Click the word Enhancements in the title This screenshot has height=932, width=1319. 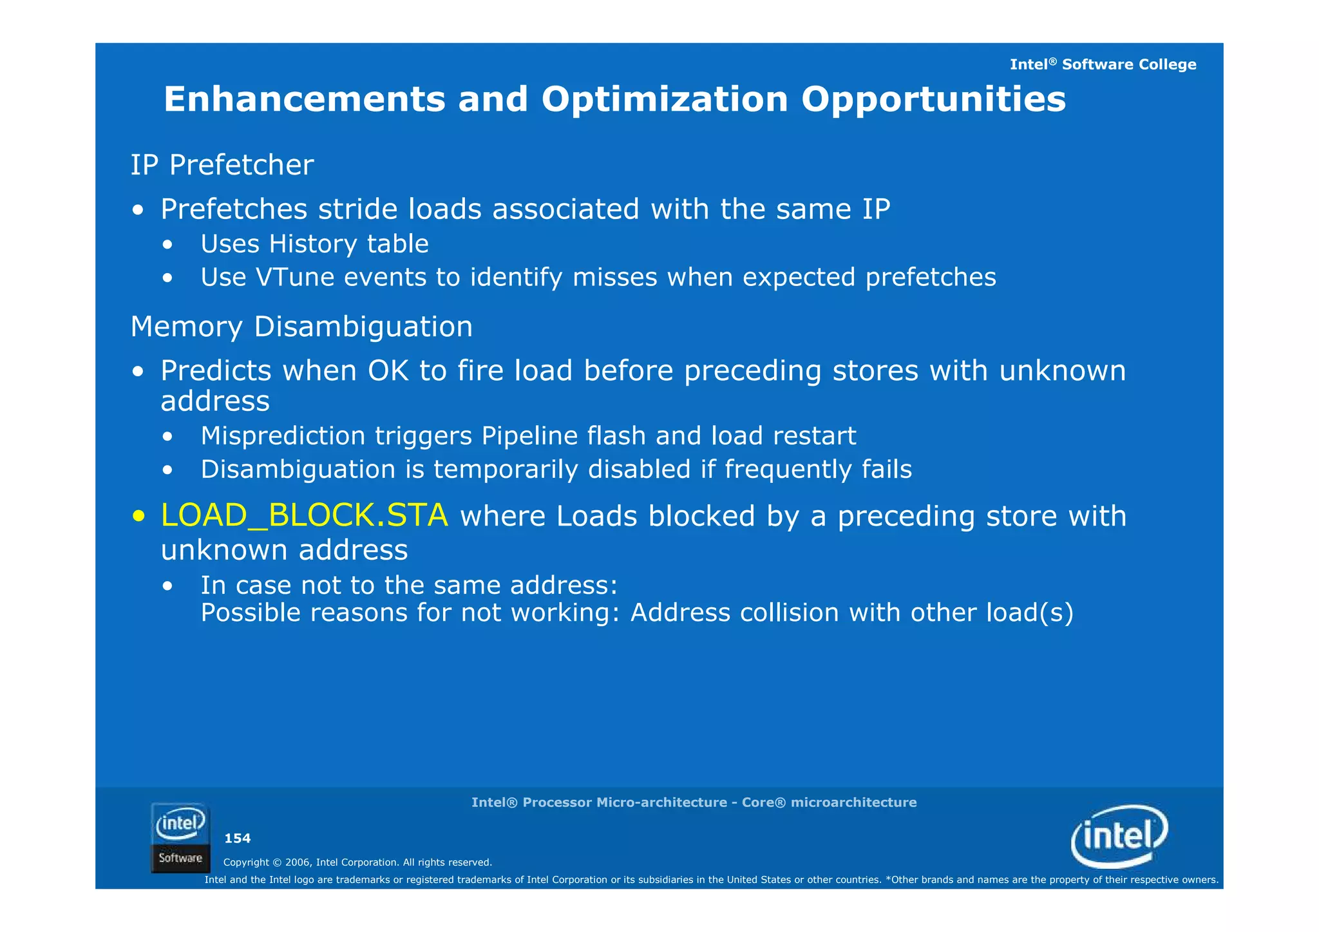click(304, 100)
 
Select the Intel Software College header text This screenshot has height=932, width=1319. click(1103, 64)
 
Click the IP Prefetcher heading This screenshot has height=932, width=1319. click(222, 165)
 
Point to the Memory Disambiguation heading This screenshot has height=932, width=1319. click(301, 327)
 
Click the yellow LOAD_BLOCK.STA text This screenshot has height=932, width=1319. click(304, 515)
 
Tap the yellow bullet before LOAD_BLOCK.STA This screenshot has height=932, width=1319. click(138, 517)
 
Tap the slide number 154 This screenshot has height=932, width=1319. click(237, 838)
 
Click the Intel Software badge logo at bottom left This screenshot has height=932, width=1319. click(180, 837)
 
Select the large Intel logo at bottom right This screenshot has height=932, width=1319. click(1119, 836)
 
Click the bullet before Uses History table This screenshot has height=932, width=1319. click(167, 245)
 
